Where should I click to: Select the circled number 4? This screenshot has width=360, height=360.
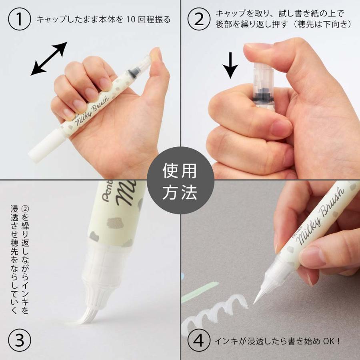(199, 341)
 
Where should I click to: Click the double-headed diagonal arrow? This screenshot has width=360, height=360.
(49, 59)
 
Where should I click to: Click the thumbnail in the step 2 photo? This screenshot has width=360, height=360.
(258, 50)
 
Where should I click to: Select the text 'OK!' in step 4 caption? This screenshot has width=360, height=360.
(331, 341)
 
